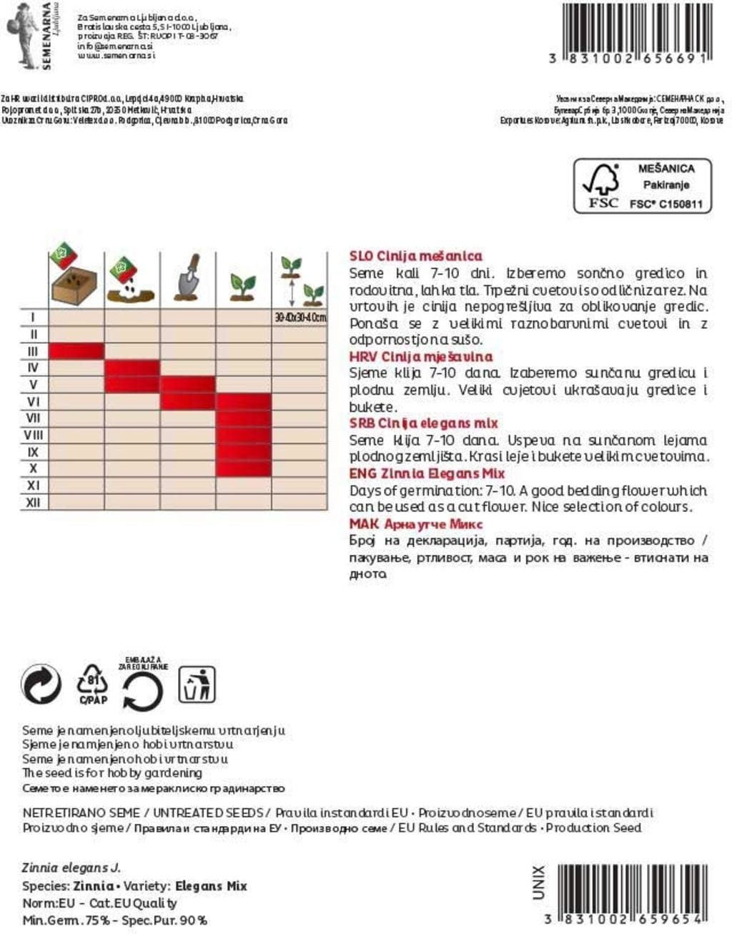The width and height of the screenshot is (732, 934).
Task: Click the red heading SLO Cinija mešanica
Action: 415,256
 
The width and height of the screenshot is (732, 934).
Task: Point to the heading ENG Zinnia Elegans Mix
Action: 427,473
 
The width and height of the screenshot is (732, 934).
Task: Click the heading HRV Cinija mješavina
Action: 421,357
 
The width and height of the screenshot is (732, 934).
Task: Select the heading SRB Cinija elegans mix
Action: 423,423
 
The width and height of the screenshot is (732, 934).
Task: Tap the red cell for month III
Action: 76,351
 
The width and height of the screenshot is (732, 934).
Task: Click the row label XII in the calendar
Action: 33,503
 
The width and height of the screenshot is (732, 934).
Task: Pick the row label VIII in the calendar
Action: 33,435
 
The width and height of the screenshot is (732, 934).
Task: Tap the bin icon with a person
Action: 197,684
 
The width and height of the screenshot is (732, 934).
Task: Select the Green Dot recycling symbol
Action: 41,685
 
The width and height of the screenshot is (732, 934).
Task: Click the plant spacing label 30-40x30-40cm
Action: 300,317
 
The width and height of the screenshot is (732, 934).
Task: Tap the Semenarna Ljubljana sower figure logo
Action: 23,34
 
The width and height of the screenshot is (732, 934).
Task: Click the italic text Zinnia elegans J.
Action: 71,867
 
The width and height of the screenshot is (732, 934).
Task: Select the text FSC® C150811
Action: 666,204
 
